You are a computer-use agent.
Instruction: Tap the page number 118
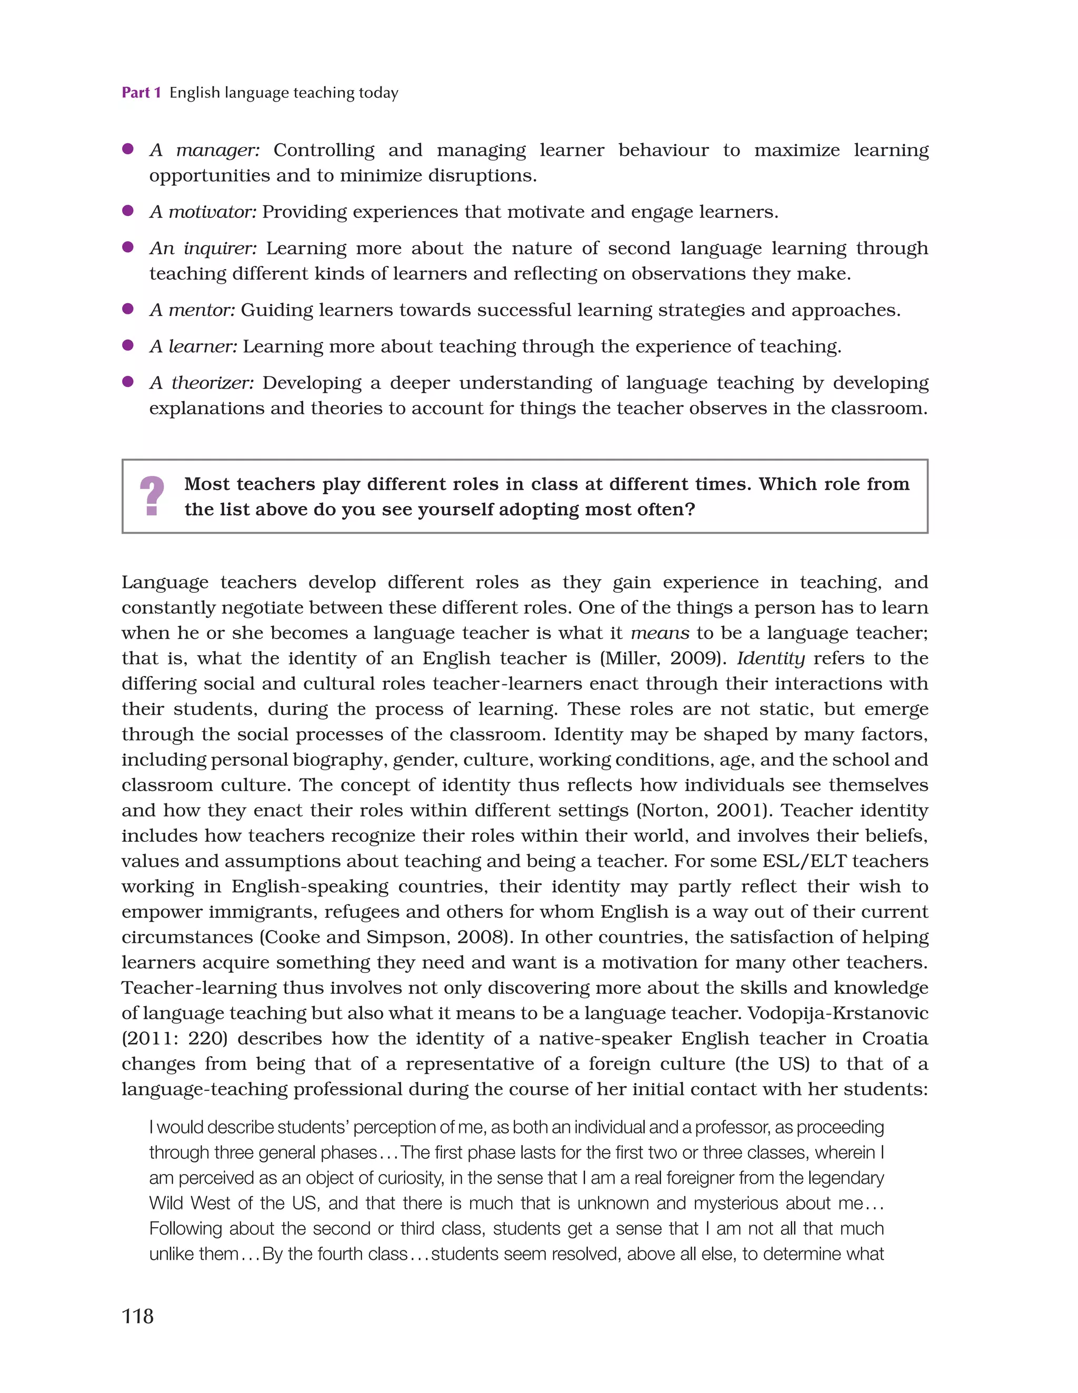pos(137,1316)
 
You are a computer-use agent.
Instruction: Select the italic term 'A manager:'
pos(204,150)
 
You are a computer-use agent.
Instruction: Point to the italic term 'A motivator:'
pos(203,212)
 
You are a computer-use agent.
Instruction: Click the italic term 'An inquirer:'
pos(203,248)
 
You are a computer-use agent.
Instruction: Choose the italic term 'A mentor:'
pos(192,310)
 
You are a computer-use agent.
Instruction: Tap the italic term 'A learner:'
pos(193,346)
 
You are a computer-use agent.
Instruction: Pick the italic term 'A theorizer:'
pos(202,383)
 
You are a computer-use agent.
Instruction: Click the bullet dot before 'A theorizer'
pos(127,381)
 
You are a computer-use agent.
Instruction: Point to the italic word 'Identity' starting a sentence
pos(771,658)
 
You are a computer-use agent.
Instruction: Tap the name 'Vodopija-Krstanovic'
pos(837,1013)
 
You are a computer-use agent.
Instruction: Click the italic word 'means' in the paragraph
pos(660,633)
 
